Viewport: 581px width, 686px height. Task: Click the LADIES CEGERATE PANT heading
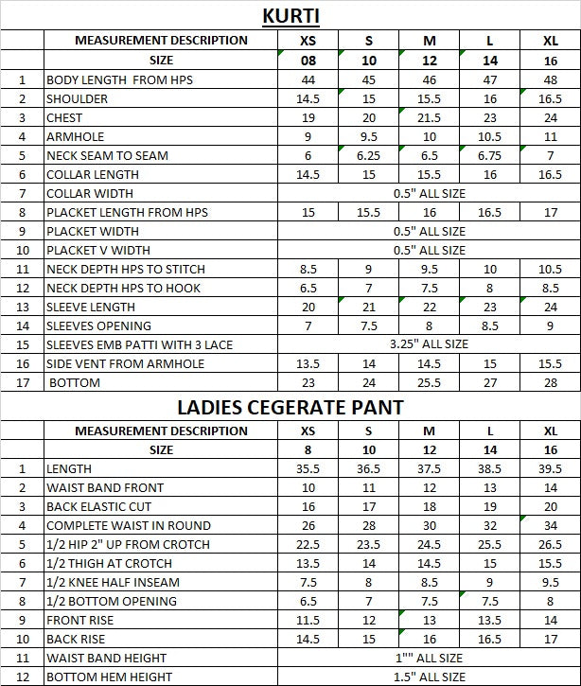(x=290, y=408)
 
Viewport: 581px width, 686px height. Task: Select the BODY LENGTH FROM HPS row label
(x=119, y=80)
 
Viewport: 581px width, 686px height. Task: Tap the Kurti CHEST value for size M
(x=429, y=118)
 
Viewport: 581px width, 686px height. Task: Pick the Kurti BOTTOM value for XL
(x=551, y=383)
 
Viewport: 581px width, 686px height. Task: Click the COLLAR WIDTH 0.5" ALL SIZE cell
(x=429, y=194)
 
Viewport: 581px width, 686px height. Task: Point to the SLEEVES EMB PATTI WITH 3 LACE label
(x=140, y=345)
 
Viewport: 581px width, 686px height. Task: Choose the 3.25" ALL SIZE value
(x=429, y=345)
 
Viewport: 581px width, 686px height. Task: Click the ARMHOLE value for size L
(x=490, y=137)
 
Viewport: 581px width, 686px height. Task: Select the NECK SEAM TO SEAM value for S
(x=369, y=156)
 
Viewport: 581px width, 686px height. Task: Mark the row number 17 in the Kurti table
(x=23, y=383)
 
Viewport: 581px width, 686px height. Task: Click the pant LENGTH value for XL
(x=551, y=468)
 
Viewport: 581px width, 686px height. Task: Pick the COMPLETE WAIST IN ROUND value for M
(x=429, y=525)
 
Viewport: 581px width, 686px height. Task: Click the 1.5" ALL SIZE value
(x=429, y=677)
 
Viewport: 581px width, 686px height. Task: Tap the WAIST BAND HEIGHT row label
(x=106, y=658)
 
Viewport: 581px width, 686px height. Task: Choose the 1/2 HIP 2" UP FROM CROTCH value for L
(x=490, y=544)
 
